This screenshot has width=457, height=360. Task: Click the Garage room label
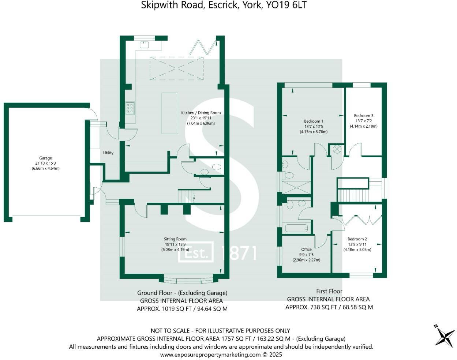click(x=45, y=158)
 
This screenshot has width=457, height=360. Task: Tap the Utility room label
click(x=108, y=153)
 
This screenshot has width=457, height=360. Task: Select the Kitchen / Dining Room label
click(x=201, y=113)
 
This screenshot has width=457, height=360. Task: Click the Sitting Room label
click(x=175, y=239)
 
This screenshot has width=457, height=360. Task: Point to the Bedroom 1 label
click(x=314, y=121)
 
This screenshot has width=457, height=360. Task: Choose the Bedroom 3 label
click(x=363, y=116)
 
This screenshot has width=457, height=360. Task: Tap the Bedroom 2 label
click(x=357, y=239)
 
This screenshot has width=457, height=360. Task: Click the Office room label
click(x=306, y=250)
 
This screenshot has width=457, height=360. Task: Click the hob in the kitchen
click(x=130, y=108)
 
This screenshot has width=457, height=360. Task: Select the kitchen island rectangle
click(x=170, y=113)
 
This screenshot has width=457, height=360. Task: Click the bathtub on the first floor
click(x=296, y=229)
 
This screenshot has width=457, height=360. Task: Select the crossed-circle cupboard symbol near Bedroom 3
click(x=337, y=149)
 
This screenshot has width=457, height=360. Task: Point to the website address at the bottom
click(x=210, y=355)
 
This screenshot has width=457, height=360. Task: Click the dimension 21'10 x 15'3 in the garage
click(x=45, y=163)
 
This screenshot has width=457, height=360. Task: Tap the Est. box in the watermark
click(x=196, y=252)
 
